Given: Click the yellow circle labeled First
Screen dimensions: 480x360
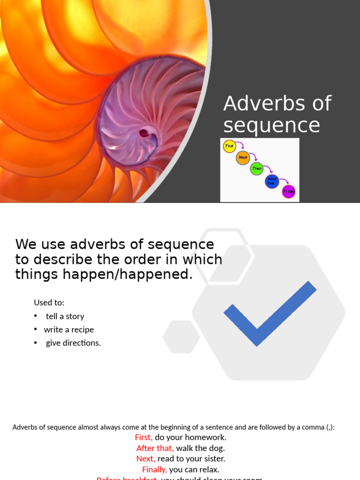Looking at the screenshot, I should [x=229, y=146].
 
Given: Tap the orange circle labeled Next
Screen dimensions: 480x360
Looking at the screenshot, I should [x=243, y=157].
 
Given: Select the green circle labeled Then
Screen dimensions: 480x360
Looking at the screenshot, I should [x=256, y=168].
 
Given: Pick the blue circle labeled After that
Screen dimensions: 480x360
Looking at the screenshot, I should [x=272, y=181].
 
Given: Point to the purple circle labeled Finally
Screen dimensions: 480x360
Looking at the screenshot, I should [x=289, y=192].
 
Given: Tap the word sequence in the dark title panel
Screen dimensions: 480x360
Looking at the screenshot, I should [x=271, y=126].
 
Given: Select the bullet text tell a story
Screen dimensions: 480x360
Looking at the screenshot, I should [x=65, y=316].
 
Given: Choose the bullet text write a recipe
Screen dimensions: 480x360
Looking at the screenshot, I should [x=69, y=330].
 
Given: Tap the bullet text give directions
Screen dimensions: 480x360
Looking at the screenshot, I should [x=73, y=343].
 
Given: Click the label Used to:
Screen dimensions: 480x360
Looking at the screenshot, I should [x=49, y=303].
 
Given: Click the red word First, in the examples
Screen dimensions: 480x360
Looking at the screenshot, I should [x=143, y=437].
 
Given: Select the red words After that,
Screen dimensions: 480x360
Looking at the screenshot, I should [x=155, y=448].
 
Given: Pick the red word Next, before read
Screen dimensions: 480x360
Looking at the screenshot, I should [x=146, y=458].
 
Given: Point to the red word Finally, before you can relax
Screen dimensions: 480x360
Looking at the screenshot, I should [x=154, y=469].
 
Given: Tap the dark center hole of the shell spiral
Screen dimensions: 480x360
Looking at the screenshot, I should [x=144, y=133].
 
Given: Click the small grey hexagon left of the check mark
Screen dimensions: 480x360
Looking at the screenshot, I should [x=181, y=337].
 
